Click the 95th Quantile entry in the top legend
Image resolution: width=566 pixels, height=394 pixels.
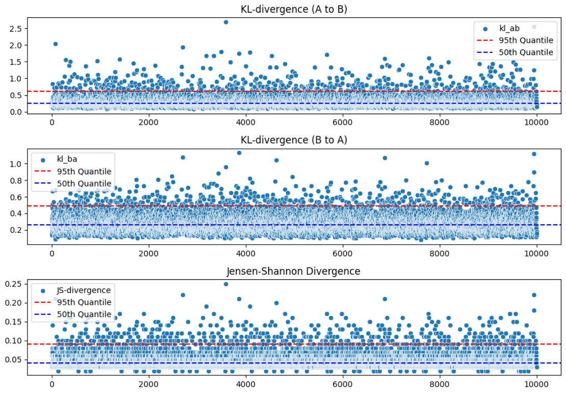525,40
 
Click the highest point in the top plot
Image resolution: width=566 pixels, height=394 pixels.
226,22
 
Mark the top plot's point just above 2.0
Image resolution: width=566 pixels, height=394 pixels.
56,44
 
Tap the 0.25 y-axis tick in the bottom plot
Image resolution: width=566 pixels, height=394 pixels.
12,284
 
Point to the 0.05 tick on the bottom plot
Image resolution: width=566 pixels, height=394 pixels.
12,359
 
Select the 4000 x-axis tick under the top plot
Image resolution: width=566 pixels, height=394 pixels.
246,122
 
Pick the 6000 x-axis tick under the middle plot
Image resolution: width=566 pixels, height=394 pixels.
343,253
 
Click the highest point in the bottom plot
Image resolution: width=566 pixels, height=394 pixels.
226,284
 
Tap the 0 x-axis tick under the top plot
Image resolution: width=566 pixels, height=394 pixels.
52,122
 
